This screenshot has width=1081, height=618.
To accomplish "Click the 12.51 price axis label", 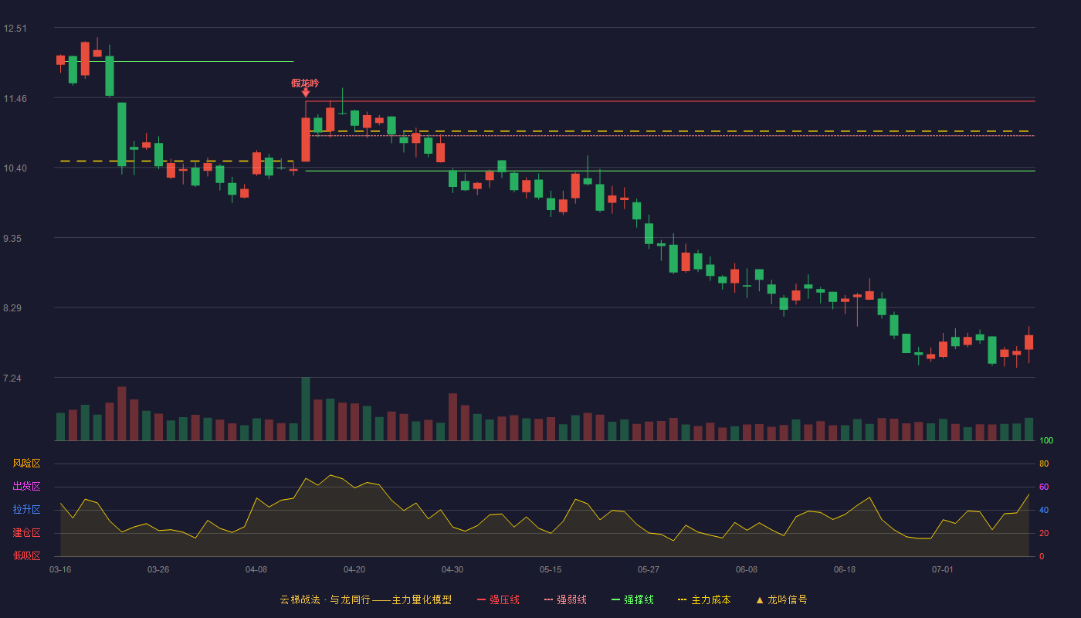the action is [15, 29].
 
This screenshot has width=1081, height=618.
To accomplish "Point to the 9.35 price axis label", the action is [12, 239].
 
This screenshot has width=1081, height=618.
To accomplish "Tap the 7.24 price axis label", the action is [12, 378].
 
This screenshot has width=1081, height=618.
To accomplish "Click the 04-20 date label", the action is [354, 570].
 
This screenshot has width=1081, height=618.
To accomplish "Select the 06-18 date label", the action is [845, 570].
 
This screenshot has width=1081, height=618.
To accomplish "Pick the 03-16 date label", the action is [60, 570].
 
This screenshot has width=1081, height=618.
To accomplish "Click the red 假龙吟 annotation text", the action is [305, 83].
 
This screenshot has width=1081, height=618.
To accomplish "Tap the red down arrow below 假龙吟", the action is [306, 93].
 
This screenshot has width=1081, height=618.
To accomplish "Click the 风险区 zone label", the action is [26, 463].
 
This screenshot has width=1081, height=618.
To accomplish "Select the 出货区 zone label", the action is [26, 486].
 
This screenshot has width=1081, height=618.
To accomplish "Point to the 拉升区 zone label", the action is [26, 509].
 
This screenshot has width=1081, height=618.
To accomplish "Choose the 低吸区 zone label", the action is [26, 555].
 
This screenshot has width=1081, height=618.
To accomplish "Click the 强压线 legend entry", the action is [498, 599].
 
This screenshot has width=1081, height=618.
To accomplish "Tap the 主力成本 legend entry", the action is [704, 599].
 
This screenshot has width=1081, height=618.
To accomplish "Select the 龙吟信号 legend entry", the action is [781, 599].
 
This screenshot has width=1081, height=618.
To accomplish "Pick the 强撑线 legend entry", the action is [632, 599].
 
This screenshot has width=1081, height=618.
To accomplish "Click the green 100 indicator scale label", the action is [1046, 440].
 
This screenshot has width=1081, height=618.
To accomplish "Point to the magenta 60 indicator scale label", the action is [1044, 487].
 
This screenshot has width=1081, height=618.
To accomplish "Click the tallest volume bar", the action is [306, 409].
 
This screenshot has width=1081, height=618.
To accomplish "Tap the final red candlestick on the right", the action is [1028, 341].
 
